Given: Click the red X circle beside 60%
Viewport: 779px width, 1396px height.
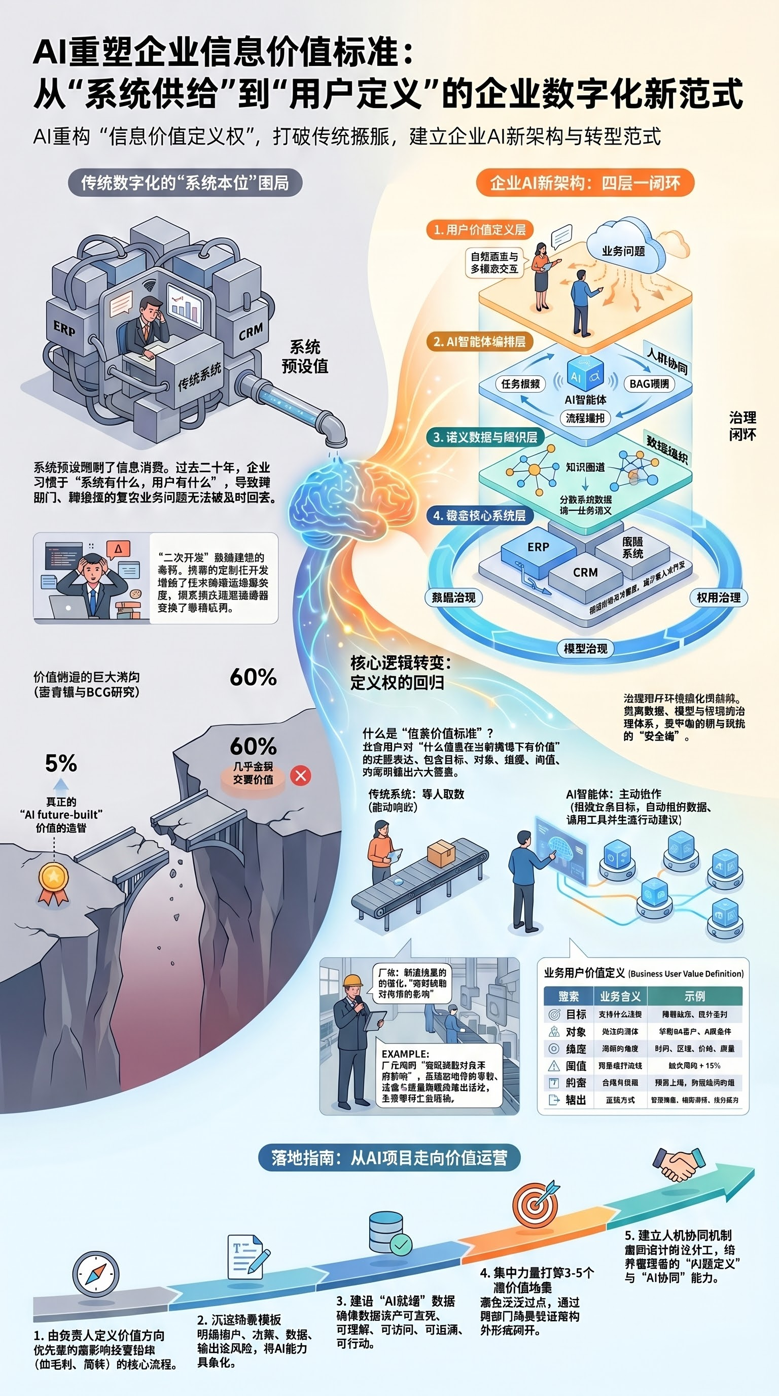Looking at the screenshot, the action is [x=301, y=776].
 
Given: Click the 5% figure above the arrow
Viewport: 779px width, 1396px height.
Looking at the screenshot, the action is [x=61, y=763].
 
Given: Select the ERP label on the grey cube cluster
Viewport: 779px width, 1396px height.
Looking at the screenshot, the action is [x=64, y=328].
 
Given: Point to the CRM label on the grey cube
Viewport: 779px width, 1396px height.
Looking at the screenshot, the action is [x=251, y=332].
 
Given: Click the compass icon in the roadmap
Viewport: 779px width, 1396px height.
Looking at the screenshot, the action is [x=95, y=1274].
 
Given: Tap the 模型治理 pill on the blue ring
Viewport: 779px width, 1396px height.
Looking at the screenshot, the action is [x=585, y=649].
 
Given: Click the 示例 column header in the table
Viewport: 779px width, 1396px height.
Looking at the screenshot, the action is [x=694, y=996].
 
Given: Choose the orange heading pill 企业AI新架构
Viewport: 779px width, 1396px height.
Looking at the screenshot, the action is [x=585, y=183].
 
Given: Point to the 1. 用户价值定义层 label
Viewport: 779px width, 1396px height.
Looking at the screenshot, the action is [x=479, y=230].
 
